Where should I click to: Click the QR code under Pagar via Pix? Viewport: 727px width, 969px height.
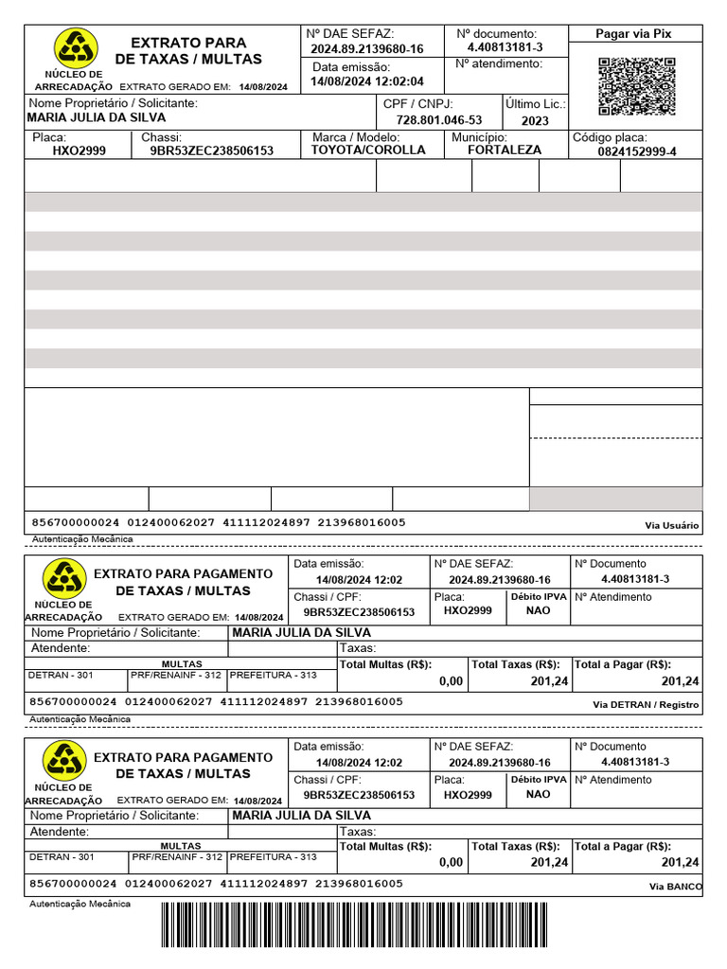pyautogui.click(x=637, y=87)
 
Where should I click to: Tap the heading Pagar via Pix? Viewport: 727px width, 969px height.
pyautogui.click(x=633, y=34)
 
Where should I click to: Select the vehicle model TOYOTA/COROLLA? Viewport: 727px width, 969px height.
pyautogui.click(x=368, y=150)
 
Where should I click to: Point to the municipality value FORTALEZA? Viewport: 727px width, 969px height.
pyautogui.click(x=505, y=150)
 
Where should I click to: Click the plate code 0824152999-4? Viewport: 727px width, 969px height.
pyautogui.click(x=637, y=151)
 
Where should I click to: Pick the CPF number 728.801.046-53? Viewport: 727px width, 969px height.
pyautogui.click(x=438, y=120)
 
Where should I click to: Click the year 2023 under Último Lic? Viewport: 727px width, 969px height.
pyautogui.click(x=534, y=121)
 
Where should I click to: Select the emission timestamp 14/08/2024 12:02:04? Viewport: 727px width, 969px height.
pyautogui.click(x=367, y=82)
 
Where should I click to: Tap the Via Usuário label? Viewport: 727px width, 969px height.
pyautogui.click(x=671, y=525)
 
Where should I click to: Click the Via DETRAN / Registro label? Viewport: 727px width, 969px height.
pyautogui.click(x=646, y=704)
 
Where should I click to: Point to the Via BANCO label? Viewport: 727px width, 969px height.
pyautogui.click(x=675, y=887)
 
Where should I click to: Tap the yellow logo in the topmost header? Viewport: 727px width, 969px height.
pyautogui.click(x=74, y=47)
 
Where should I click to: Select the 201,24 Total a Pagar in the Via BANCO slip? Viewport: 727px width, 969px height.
pyautogui.click(x=681, y=862)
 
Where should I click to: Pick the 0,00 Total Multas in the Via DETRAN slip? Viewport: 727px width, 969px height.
pyautogui.click(x=452, y=681)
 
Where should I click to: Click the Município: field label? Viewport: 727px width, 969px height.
pyautogui.click(x=480, y=137)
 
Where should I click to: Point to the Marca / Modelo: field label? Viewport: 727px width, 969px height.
pyautogui.click(x=356, y=137)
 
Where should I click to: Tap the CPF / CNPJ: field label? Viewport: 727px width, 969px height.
pyautogui.click(x=418, y=103)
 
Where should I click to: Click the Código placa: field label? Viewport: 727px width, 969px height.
pyautogui.click(x=610, y=137)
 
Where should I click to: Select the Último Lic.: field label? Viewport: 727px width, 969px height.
pyautogui.click(x=535, y=103)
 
